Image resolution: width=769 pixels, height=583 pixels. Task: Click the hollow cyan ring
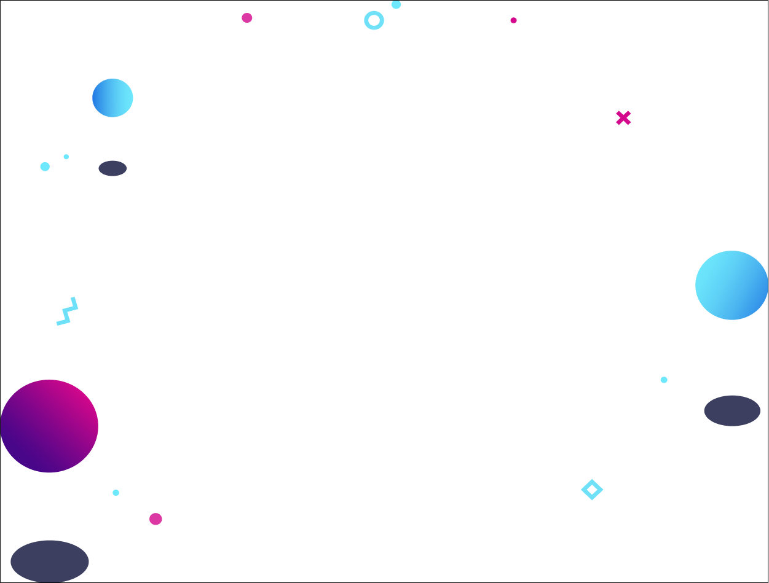374,20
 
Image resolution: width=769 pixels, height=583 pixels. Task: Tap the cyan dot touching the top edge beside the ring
396,4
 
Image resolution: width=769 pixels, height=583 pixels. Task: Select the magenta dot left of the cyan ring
247,18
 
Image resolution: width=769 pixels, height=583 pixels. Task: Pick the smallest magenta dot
513,20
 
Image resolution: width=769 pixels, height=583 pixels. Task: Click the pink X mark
623,118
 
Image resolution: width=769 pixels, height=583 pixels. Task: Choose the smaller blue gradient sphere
112,98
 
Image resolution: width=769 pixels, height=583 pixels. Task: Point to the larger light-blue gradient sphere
732,285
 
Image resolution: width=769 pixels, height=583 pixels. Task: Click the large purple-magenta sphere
49,426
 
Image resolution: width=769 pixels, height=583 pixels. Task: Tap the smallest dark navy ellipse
112,168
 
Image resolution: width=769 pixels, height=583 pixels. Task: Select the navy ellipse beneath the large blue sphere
732,410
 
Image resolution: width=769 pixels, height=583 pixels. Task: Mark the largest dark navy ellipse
50,561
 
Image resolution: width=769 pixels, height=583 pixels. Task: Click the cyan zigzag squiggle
68,311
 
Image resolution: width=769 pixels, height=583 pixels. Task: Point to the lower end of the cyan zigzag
58,323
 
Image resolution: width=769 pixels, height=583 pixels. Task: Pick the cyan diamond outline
592,490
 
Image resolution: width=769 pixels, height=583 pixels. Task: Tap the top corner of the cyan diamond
592,480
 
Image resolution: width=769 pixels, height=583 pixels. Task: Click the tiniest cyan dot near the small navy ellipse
66,157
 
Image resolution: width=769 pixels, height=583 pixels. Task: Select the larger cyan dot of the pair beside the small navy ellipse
45,166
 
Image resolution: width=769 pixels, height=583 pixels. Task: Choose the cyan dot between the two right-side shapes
664,380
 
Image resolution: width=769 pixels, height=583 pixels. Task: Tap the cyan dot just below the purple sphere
116,493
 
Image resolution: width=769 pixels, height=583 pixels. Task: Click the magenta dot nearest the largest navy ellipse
156,519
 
